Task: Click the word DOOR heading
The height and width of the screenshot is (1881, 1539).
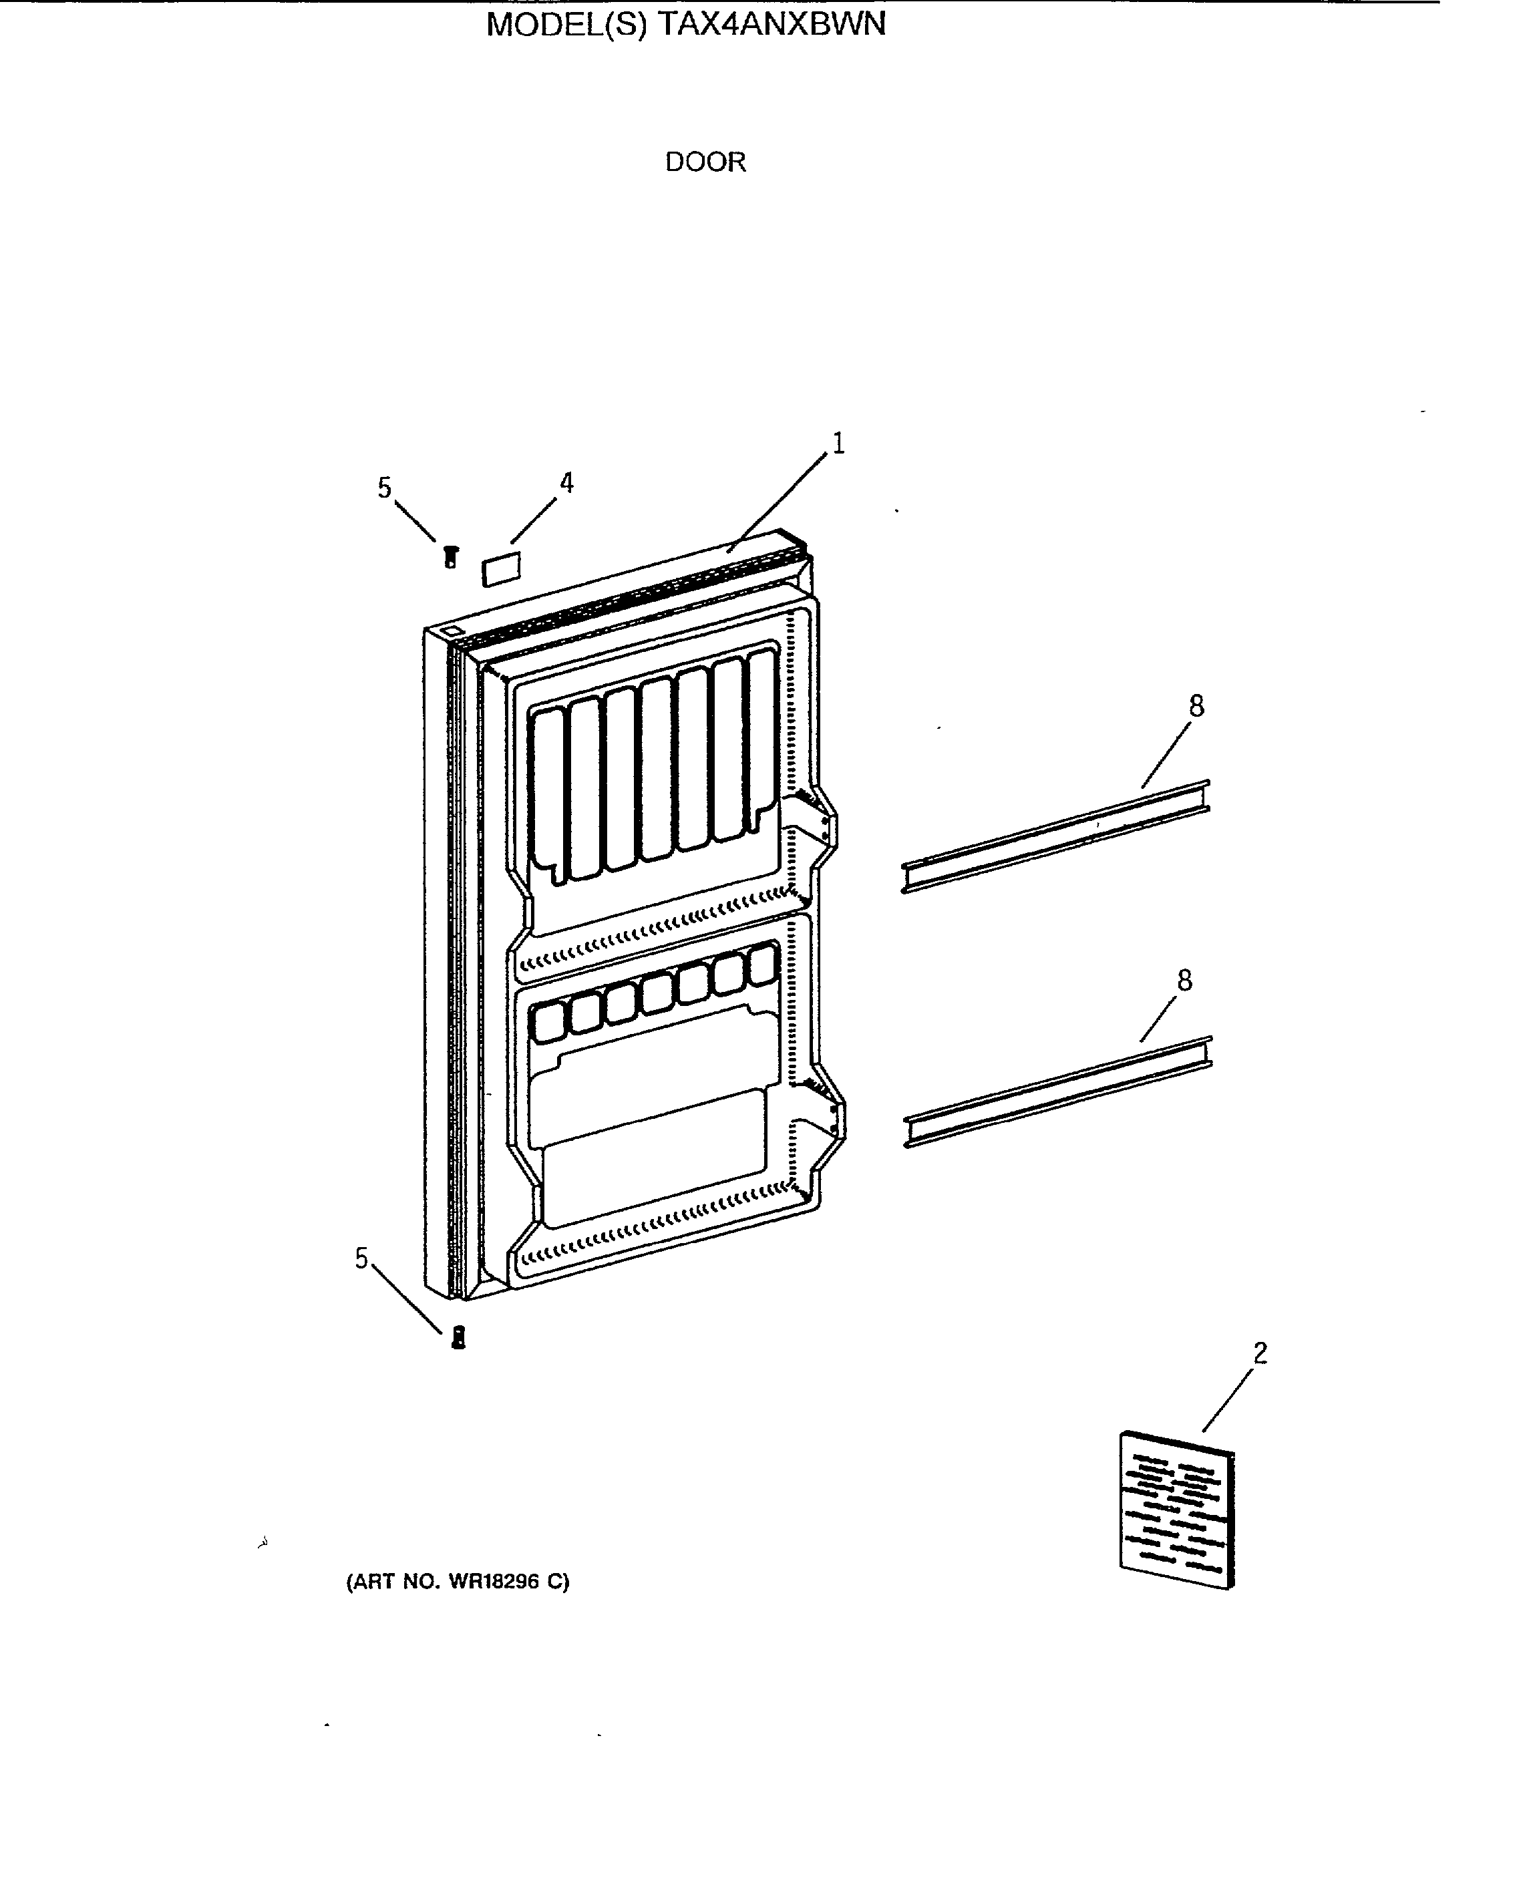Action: (x=705, y=162)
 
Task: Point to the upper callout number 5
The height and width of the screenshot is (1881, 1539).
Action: (x=384, y=488)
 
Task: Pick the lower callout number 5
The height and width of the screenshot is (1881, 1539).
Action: (x=361, y=1258)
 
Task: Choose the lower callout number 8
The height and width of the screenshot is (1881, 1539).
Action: (x=1184, y=981)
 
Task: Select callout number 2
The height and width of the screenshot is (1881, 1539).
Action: (x=1260, y=1353)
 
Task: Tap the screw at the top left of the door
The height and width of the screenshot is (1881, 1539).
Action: (x=450, y=556)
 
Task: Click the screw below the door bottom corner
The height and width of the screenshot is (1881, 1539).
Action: (x=458, y=1337)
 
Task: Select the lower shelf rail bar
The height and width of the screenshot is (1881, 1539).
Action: (x=1057, y=1092)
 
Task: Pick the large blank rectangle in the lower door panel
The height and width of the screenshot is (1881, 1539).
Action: (x=654, y=1158)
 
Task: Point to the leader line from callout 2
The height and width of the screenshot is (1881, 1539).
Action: (x=1228, y=1399)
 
